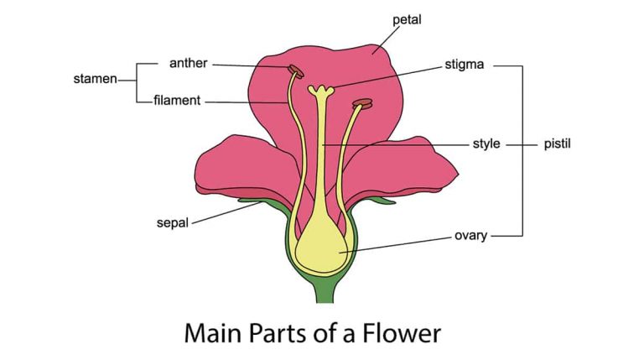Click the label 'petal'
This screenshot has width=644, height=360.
coord(408,18)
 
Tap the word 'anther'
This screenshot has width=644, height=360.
coord(189,63)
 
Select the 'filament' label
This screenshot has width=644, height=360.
coord(178,101)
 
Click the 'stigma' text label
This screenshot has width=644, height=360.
coord(465,64)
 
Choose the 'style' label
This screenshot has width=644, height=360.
coord(486,144)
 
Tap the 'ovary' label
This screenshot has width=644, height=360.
coord(471,236)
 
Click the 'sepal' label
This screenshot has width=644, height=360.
coord(173,223)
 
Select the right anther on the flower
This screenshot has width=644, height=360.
coord(362,104)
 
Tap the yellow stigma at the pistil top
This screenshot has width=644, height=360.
coord(320,89)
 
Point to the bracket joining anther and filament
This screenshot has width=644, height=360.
coord(137,81)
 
